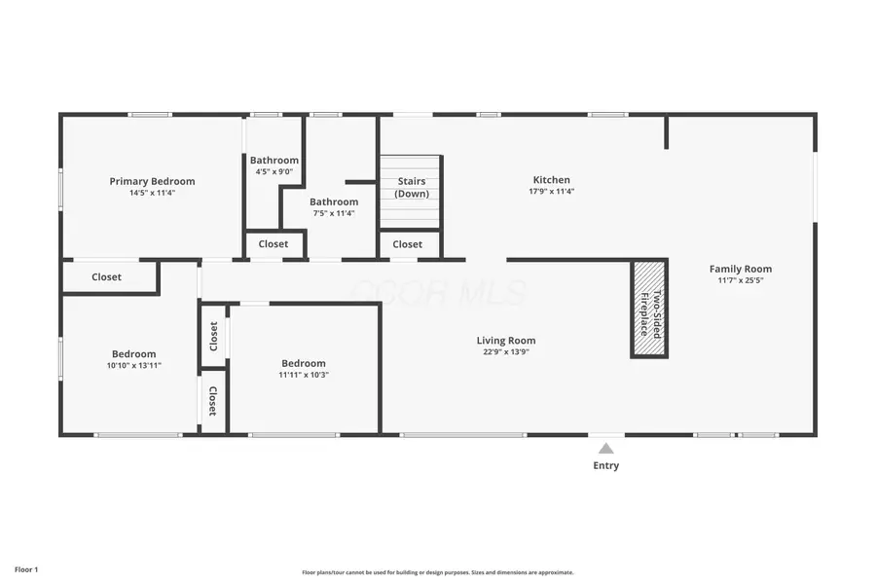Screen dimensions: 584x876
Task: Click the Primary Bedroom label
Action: (x=152, y=181)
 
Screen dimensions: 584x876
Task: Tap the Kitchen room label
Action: (x=551, y=180)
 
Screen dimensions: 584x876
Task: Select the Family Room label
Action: (x=740, y=269)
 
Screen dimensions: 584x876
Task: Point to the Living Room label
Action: (x=505, y=341)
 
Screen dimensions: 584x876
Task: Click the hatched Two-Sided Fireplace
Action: (x=649, y=309)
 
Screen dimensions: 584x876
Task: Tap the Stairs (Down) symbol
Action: (x=410, y=190)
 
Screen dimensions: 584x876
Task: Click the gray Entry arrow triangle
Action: (x=605, y=449)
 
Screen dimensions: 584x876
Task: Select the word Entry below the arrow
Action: (x=605, y=465)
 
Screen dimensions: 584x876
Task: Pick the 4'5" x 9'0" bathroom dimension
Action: (x=274, y=172)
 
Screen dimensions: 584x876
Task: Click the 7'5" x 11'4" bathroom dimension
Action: (x=334, y=213)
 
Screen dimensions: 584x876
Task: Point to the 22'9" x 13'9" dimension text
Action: (x=505, y=351)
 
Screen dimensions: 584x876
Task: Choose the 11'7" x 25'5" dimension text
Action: (x=740, y=280)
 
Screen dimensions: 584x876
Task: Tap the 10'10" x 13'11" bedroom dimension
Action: (x=133, y=365)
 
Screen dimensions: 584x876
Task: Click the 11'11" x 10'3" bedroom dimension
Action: (x=303, y=374)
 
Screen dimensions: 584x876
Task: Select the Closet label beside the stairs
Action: (x=408, y=244)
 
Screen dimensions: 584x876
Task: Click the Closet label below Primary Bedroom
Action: (x=106, y=277)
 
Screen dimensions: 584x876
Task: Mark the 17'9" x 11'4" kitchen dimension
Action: (x=551, y=192)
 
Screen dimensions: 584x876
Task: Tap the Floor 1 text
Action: (x=26, y=568)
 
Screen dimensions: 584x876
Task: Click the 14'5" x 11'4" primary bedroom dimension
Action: (x=152, y=193)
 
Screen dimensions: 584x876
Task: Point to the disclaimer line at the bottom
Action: (x=437, y=572)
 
